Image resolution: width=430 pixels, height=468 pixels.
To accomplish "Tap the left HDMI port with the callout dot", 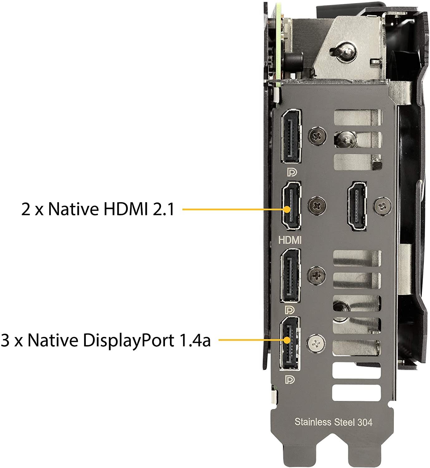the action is [291, 206].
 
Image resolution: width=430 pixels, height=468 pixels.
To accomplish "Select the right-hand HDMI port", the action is [357, 206].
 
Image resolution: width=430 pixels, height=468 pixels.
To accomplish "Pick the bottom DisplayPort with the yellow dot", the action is [290, 343].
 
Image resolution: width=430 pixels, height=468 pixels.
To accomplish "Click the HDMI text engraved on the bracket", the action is [290, 240].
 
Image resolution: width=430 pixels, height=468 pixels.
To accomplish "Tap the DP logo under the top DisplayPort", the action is [292, 173].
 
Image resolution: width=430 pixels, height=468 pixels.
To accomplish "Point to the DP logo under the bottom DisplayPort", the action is [290, 380].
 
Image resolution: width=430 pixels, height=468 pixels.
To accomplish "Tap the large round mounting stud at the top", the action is [343, 52].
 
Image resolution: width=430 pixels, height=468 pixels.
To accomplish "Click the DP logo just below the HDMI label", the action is [290, 310].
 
